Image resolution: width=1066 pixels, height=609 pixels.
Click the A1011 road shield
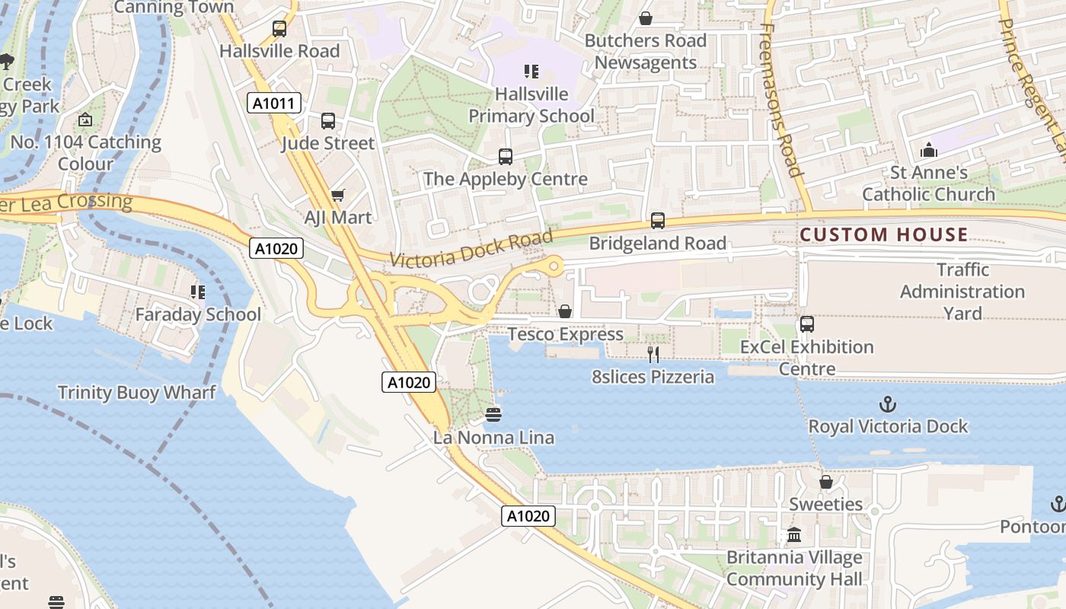274,103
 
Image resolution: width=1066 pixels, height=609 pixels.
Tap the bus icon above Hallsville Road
279,29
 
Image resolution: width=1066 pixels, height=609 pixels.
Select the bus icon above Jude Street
328,120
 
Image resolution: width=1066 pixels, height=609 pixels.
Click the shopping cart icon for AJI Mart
338,195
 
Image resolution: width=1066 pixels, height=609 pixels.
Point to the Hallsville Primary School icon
531,72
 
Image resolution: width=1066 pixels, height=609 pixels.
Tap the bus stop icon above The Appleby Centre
506,157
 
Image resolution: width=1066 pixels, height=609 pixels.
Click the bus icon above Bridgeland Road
658,221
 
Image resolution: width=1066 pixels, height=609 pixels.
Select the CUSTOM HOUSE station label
883,234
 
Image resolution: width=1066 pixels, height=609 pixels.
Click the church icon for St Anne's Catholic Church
928,150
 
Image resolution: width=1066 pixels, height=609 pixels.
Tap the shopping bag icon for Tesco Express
565,311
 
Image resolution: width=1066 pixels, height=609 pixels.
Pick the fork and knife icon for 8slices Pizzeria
653,354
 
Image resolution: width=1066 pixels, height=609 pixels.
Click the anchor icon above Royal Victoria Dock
887,403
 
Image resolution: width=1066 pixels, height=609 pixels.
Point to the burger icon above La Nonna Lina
493,415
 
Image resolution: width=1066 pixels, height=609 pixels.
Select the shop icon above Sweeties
826,482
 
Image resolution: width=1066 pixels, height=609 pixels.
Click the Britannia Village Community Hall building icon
794,534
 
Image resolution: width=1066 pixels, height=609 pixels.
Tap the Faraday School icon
198,292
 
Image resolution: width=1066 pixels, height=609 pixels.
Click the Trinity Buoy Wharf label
137,393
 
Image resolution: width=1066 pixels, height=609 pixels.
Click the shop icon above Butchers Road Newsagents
646,18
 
